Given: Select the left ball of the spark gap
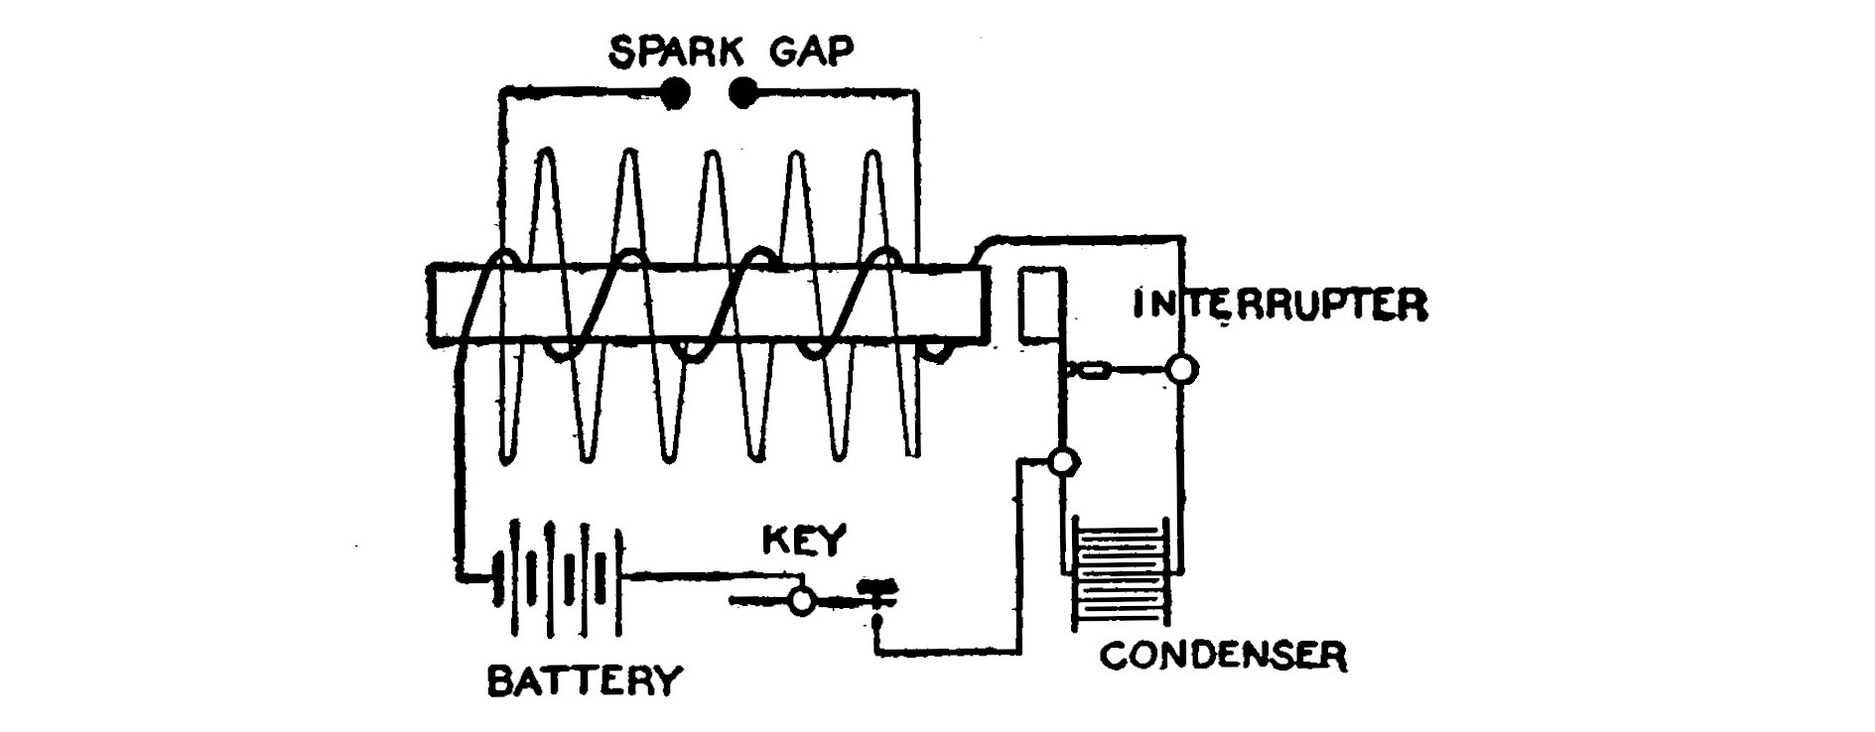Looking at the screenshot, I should click(676, 93).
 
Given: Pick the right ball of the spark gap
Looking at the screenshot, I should click(741, 93).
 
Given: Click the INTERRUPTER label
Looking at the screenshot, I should click(1279, 305).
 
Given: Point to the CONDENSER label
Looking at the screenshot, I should click(1222, 656).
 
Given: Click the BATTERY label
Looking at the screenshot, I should click(585, 680).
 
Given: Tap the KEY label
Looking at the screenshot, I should click(804, 541).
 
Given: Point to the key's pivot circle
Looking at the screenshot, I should click(801, 600).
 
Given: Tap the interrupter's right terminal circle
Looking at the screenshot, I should click(1181, 370).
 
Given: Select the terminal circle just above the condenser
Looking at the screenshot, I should click(1063, 461).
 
